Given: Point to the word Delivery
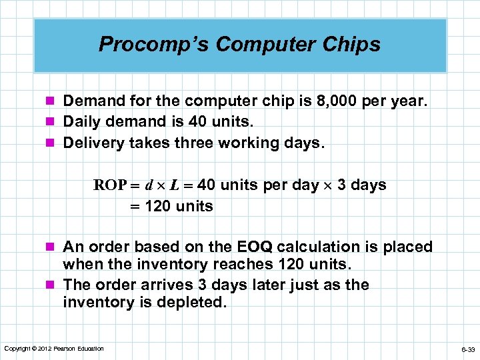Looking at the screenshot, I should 90,143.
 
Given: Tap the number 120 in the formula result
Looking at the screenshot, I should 157,206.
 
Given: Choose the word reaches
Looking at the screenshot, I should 236,265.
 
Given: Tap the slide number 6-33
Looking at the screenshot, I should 467,349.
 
